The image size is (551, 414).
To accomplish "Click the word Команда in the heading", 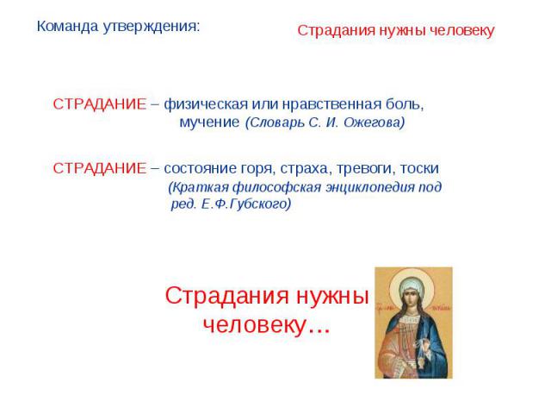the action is (x=67, y=26).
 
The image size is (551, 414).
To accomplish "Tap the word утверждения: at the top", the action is (x=152, y=27).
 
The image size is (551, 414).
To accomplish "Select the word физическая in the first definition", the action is (x=206, y=104).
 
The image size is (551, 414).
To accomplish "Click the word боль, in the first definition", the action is (x=405, y=104).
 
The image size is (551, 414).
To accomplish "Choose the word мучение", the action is (x=209, y=122).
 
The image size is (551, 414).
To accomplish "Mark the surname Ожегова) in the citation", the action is (x=375, y=122).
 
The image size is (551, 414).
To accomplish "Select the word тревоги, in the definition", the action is (x=366, y=169).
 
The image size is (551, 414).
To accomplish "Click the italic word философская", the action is (x=277, y=187).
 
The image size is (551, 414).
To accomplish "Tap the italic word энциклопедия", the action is (x=369, y=187).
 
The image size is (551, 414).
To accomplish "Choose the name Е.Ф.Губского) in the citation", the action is (x=246, y=204).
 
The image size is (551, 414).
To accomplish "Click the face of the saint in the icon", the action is (x=411, y=297).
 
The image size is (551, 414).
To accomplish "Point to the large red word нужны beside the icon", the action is (x=333, y=295).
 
